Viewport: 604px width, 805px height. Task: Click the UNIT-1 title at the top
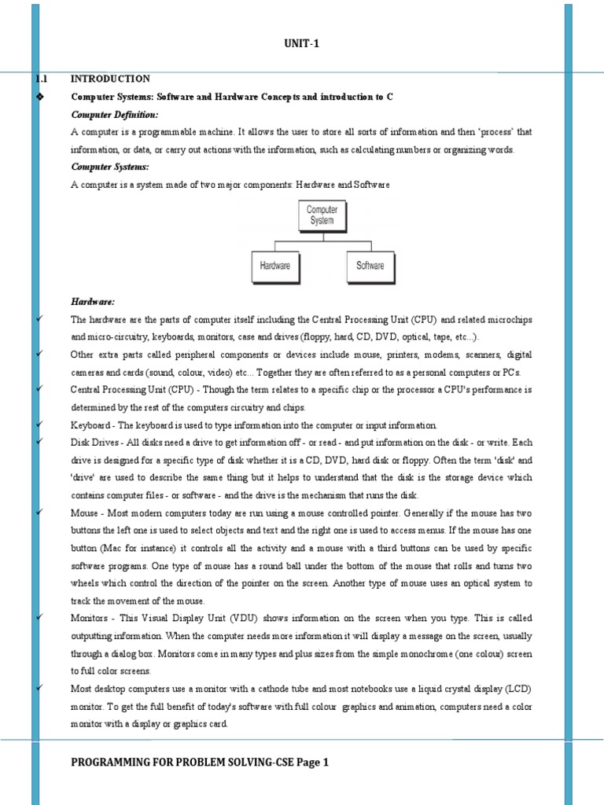tap(302, 44)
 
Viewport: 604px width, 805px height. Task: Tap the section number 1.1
tap(42, 79)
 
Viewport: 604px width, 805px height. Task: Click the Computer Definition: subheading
tap(114, 115)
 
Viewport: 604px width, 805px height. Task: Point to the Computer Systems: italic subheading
tap(109, 167)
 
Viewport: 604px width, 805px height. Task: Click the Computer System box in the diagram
tap(322, 215)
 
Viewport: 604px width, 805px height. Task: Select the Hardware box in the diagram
tap(274, 266)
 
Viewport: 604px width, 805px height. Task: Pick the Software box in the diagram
tap(370, 266)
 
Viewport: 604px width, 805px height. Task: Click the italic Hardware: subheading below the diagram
tap(93, 302)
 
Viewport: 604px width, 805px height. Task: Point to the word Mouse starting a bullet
tap(84, 513)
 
